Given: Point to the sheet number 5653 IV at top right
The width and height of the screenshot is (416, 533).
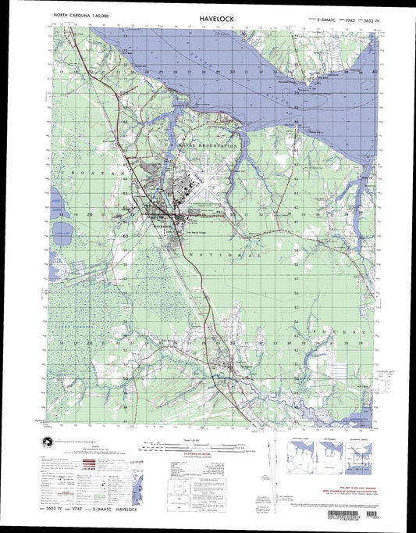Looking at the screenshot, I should point(361,15).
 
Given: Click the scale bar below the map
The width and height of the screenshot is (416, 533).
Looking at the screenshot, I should point(207,448).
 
